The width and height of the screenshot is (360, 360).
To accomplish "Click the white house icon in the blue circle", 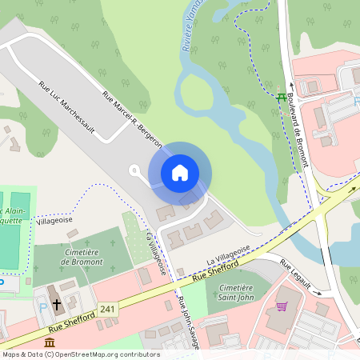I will [179, 172].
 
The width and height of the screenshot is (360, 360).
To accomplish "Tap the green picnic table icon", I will [282, 98].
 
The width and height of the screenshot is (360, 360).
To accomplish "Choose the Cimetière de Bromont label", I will [81, 257].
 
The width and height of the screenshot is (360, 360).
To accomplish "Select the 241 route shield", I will [107, 309].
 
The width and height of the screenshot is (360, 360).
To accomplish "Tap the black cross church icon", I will [57, 305].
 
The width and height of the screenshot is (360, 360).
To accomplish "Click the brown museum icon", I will [50, 342].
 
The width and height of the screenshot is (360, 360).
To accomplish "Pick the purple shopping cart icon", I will [282, 306].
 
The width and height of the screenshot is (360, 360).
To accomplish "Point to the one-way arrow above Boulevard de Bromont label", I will [292, 82].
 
